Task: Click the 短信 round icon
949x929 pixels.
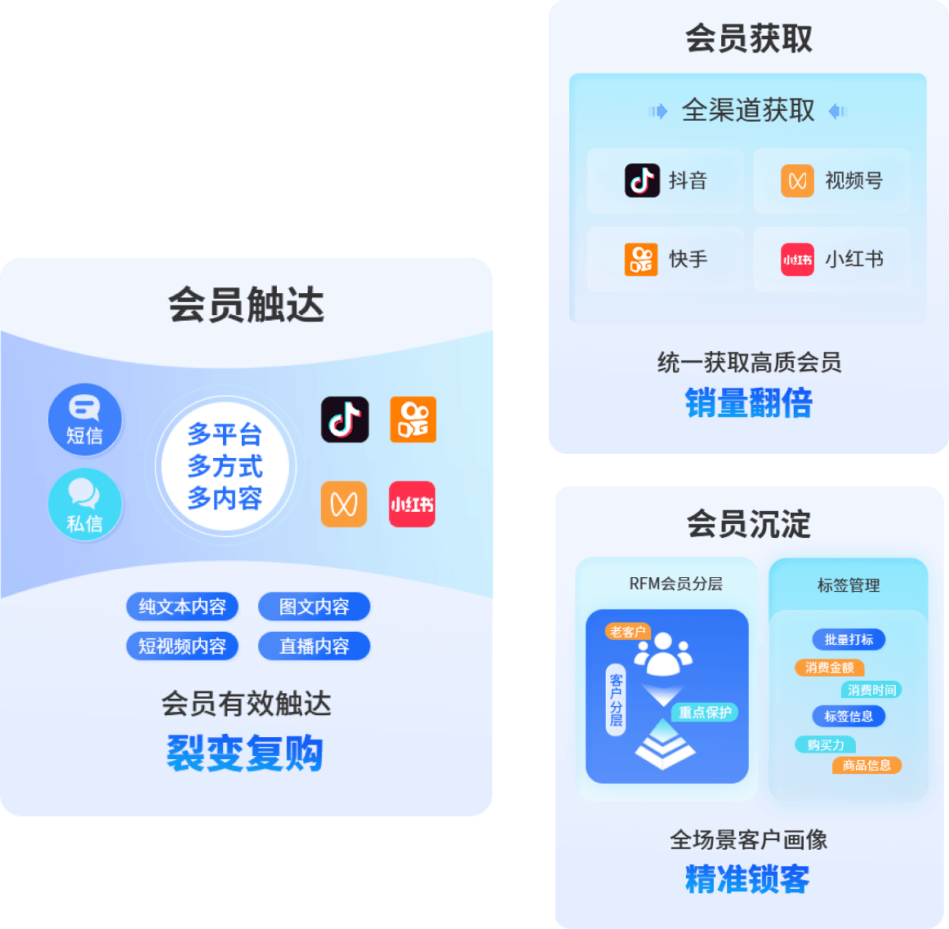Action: pos(85,419)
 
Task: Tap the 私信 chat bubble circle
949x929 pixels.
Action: pos(85,505)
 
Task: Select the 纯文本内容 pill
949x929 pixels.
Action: pos(182,607)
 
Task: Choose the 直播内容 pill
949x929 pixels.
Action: pos(314,646)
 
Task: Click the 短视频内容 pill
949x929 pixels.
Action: pos(182,646)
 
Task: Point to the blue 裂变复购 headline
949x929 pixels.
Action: pos(245,753)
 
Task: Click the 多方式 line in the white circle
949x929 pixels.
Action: pos(225,466)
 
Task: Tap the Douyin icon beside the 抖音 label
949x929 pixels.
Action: pos(642,180)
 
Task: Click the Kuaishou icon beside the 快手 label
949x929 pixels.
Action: pos(641,260)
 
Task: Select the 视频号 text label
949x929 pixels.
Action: pos(853,180)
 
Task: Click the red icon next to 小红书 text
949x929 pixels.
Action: pos(797,260)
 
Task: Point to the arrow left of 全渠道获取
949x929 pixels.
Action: pos(658,111)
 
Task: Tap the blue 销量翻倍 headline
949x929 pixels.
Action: pos(749,403)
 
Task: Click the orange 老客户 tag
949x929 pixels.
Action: pos(627,631)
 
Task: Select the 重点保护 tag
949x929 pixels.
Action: pos(705,712)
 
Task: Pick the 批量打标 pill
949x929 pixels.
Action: pos(849,639)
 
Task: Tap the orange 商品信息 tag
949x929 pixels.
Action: pos(867,765)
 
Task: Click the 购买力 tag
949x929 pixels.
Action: pos(825,745)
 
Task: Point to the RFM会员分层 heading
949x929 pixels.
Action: pos(675,584)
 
